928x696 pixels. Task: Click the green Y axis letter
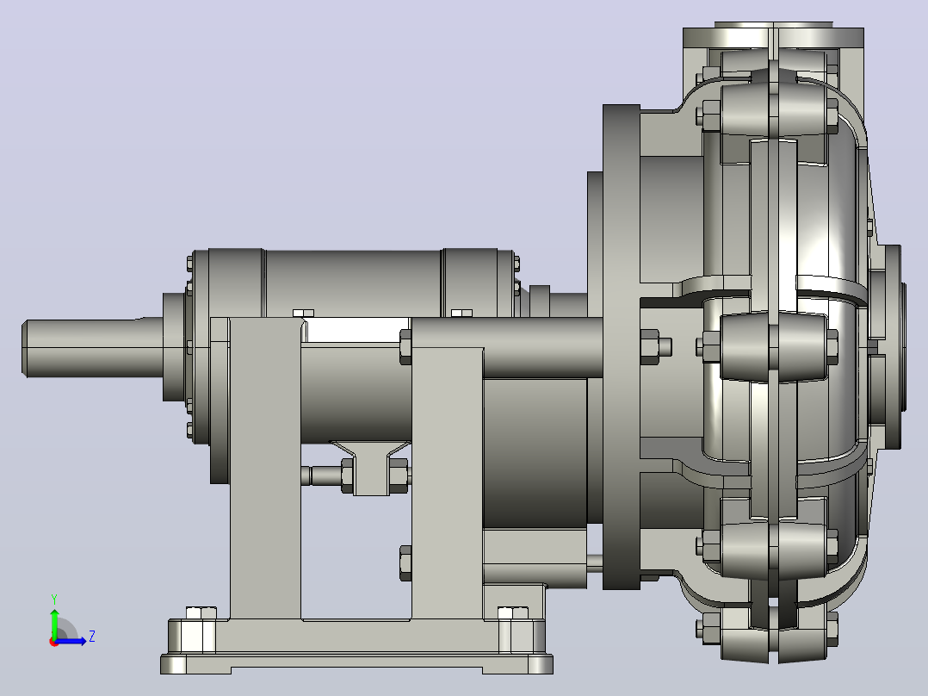point(54,599)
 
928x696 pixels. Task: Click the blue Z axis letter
point(92,637)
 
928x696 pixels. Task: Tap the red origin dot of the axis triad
point(54,642)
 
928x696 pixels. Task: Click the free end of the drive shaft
point(24,348)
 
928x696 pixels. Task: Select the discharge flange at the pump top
point(774,37)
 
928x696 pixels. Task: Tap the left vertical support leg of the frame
point(264,469)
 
